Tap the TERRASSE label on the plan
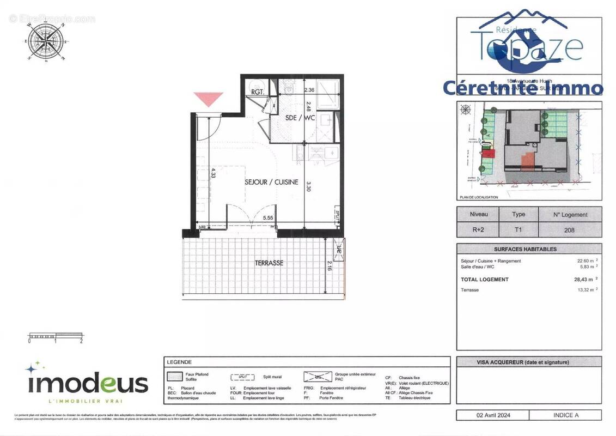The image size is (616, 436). pos(269,263)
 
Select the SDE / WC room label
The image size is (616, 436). pos(300,118)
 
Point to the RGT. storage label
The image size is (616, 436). pos(258,92)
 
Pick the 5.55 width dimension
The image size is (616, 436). pos(268,217)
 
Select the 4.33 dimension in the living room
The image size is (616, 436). pos(214,173)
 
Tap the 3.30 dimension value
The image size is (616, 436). pos(308,186)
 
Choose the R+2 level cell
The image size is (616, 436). pos(478,230)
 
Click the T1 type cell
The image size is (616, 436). pos(518,230)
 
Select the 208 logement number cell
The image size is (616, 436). pos(569,230)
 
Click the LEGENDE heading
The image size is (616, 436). pos(179,362)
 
